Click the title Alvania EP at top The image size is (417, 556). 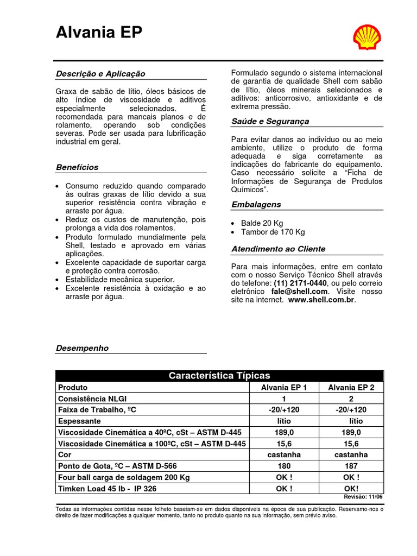pyautogui.click(x=99, y=34)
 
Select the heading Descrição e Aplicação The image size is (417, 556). pyautogui.click(x=100, y=74)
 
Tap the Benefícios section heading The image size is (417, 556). pyautogui.click(x=77, y=167)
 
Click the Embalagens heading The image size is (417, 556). pyautogui.click(x=256, y=205)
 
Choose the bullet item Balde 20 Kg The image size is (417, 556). pyautogui.click(x=262, y=223)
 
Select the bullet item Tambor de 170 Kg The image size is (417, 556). pyautogui.click(x=273, y=232)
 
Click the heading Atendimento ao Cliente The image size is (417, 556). pyautogui.click(x=278, y=249)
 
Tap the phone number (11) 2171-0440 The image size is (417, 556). pyautogui.click(x=300, y=283)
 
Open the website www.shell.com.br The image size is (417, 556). pyautogui.click(x=321, y=300)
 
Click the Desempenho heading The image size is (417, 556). pyautogui.click(x=82, y=348)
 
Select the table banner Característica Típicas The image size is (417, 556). pyautogui.click(x=219, y=376)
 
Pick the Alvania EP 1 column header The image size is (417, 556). pyautogui.click(x=284, y=388)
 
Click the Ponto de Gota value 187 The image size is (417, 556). pyautogui.click(x=351, y=466)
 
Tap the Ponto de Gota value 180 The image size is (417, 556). pyautogui.click(x=284, y=466)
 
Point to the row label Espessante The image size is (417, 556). pyautogui.click(x=79, y=421)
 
